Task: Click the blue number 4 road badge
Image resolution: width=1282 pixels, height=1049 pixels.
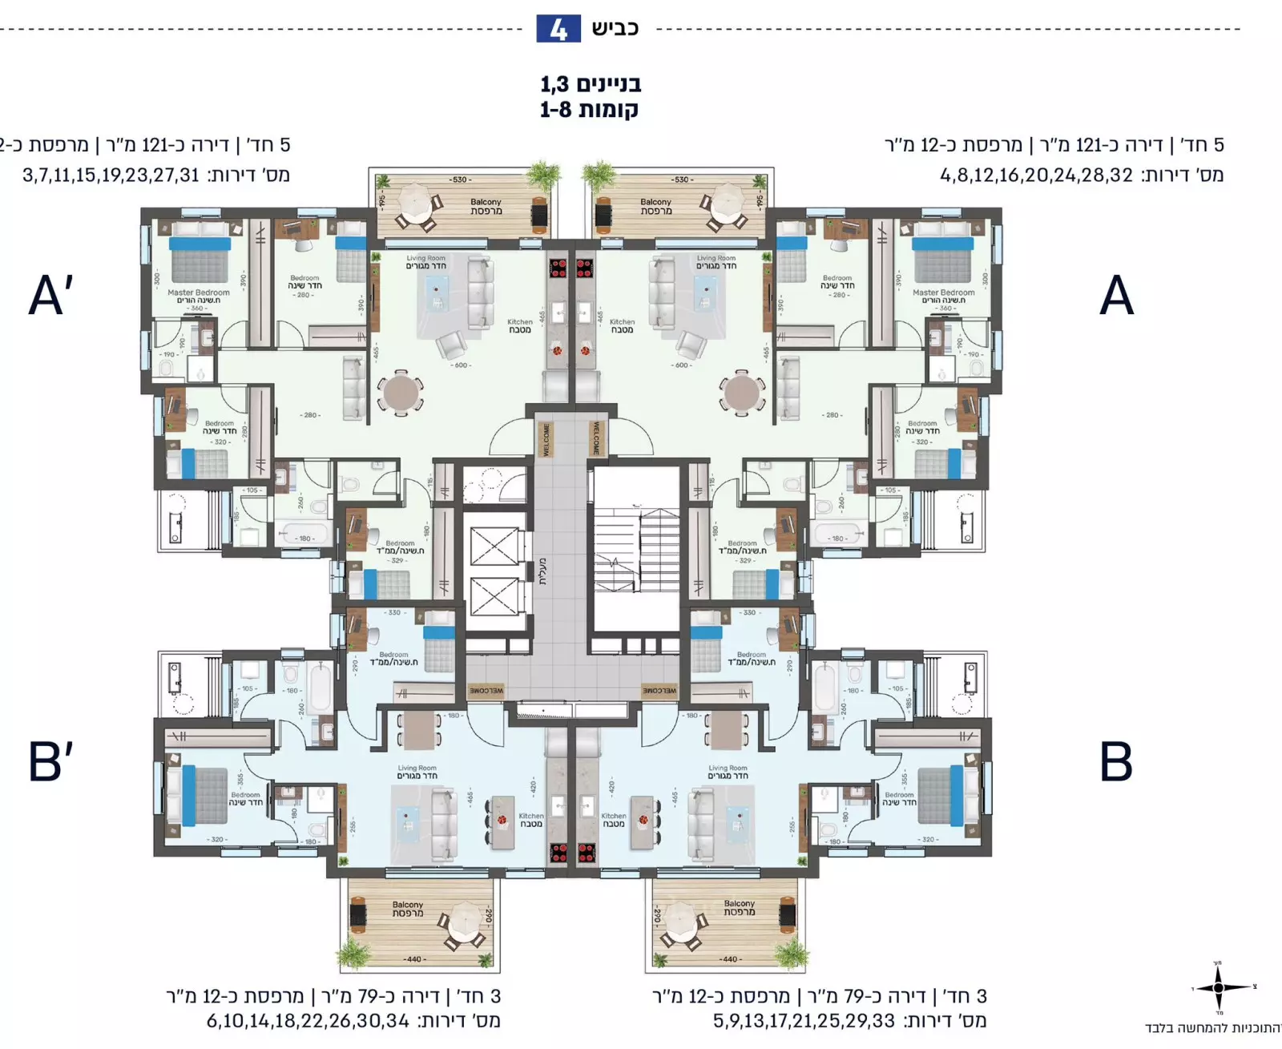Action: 558,30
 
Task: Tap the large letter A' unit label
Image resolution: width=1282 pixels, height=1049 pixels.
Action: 50,295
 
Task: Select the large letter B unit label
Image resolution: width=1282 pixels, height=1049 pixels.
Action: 1116,761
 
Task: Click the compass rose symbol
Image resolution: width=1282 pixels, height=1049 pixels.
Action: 1219,987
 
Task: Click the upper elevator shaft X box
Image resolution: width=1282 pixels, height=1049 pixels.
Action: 494,547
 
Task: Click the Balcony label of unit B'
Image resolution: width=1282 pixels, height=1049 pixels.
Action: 408,909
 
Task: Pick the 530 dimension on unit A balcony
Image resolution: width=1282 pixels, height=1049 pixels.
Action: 683,180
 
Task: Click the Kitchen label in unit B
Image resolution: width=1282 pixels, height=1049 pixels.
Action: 614,820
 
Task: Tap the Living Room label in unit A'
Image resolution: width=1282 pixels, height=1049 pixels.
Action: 425,262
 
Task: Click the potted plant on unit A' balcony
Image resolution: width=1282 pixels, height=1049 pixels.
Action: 542,175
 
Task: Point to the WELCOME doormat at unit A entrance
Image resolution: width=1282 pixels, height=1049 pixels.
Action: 596,438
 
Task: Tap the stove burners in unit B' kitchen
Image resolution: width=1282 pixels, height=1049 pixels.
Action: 558,853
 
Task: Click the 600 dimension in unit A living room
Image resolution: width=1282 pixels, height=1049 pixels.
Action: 682,365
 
